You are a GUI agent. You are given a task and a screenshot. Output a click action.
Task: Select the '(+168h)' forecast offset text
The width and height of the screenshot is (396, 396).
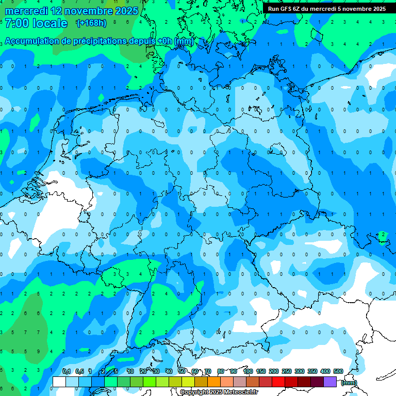(x=91, y=23)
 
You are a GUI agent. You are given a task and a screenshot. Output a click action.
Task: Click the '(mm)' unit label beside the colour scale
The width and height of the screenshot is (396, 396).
(x=349, y=382)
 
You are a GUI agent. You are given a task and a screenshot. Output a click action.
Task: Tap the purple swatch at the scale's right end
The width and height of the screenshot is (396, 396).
(x=330, y=382)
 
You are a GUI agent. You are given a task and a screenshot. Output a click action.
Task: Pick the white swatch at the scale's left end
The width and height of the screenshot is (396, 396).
(x=59, y=382)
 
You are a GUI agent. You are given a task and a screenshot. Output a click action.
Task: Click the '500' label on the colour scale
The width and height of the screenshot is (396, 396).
(x=338, y=371)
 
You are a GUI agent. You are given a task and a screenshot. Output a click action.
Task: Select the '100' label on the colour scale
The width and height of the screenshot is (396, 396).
(x=247, y=371)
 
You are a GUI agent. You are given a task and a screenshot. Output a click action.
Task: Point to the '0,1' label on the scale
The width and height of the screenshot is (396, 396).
(x=67, y=371)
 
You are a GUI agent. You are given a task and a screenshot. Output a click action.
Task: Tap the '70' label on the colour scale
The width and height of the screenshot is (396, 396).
(x=208, y=371)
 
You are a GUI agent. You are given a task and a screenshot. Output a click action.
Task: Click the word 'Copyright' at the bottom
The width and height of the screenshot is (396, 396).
(x=194, y=392)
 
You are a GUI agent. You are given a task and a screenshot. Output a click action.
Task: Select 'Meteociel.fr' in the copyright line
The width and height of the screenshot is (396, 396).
(x=241, y=392)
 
